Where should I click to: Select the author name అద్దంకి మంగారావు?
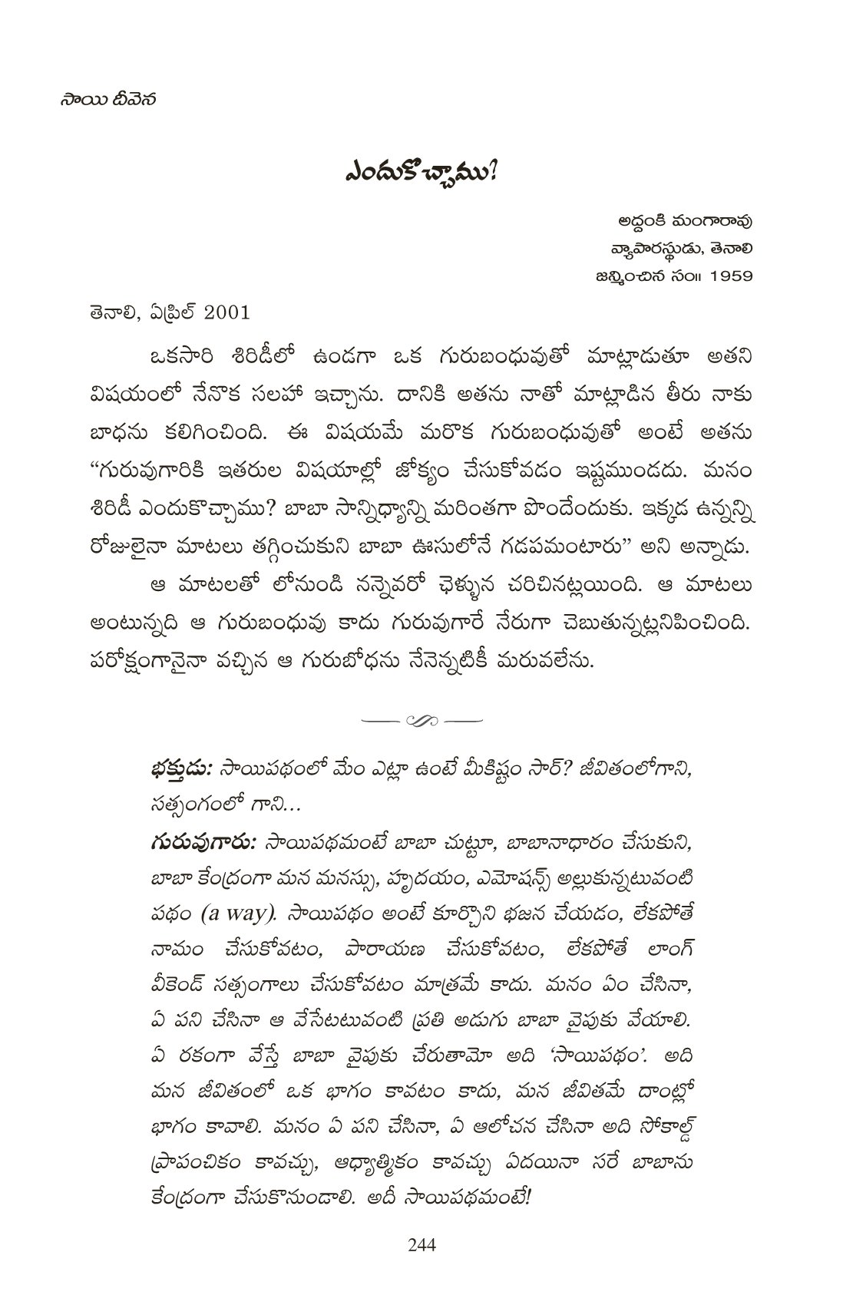(x=685, y=222)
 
